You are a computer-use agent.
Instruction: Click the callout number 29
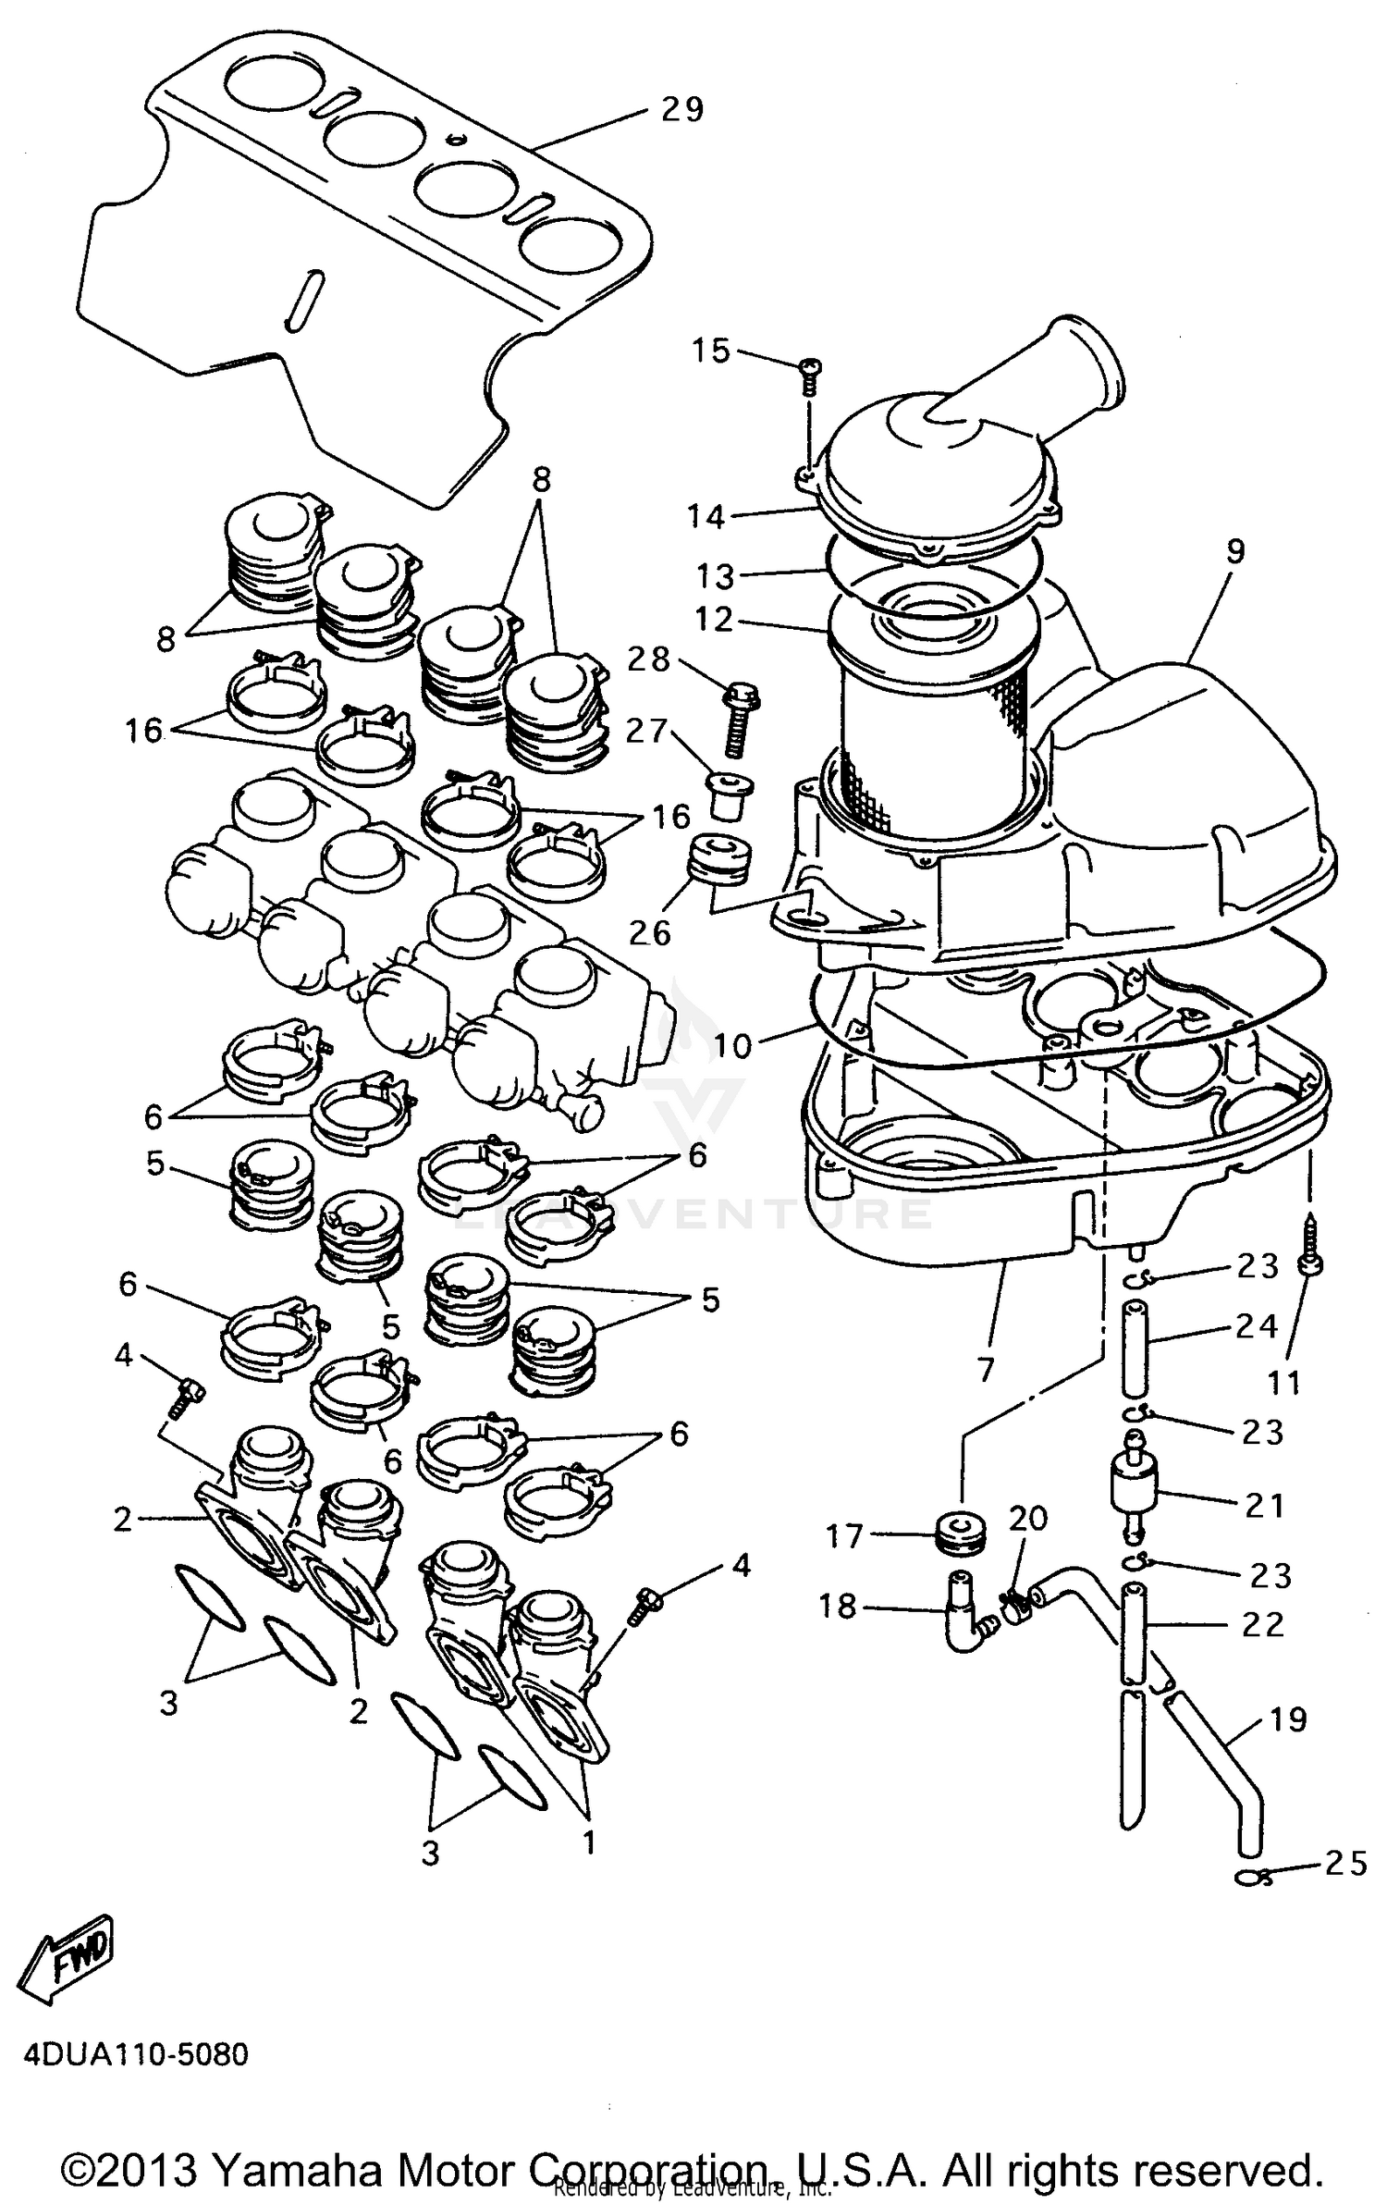pos(681,110)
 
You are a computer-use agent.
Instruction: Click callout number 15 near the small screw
pos(711,351)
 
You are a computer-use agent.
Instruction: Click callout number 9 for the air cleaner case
pos(1234,552)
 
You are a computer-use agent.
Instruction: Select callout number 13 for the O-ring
pos(714,576)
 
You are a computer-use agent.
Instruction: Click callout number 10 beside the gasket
pos(732,1046)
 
